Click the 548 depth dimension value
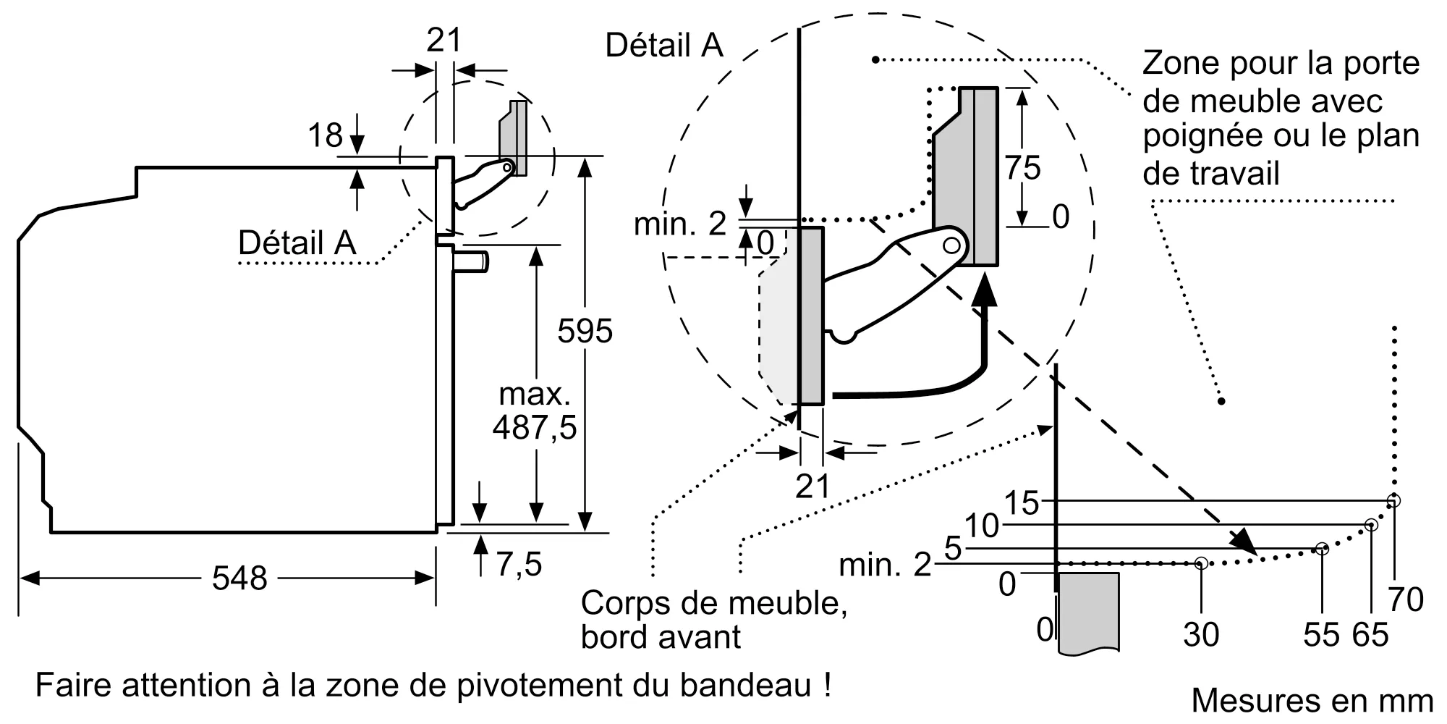(239, 578)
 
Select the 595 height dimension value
(585, 331)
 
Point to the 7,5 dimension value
(519, 564)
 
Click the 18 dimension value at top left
(325, 135)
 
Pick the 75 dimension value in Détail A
(1022, 168)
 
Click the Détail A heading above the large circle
(663, 45)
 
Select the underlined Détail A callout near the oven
(297, 243)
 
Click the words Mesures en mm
(1312, 700)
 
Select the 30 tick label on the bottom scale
(1201, 635)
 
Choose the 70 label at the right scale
(1406, 599)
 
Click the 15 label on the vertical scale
(1022, 502)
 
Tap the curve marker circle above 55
(1322, 549)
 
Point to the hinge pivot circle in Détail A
(951, 245)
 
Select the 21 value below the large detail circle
(812, 487)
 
